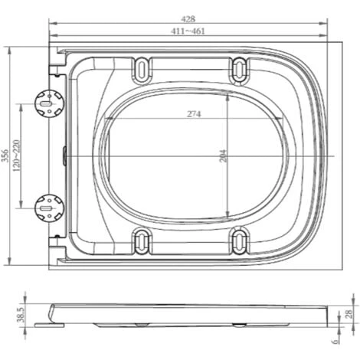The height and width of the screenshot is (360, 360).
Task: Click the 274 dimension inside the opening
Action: pos(194,114)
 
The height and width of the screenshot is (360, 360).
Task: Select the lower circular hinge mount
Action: pos(48,205)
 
